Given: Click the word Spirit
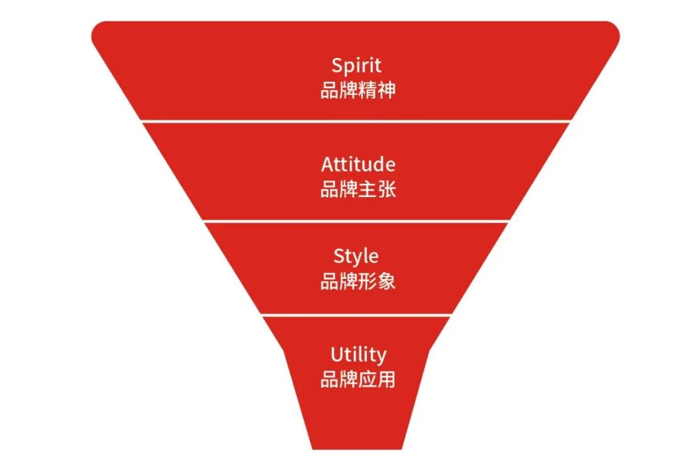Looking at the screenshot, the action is (356, 65).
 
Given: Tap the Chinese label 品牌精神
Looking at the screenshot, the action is (358, 90).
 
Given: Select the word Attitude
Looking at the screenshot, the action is (358, 164).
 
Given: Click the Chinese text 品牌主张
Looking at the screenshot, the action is (358, 189).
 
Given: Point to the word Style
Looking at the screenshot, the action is (356, 257).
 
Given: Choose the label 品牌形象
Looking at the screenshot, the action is (358, 281).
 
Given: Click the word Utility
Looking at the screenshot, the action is (358, 355).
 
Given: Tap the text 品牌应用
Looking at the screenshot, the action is (358, 380).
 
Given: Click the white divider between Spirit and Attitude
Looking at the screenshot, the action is (356, 121).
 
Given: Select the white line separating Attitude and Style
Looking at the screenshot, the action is (356, 221).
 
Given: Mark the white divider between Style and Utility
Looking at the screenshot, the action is (356, 315).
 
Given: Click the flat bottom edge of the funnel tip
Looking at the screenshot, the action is (356, 449).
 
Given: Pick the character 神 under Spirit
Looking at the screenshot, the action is (387, 90).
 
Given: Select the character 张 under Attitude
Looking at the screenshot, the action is (387, 189).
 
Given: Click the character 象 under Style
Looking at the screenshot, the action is (387, 281).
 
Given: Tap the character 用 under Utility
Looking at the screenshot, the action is (387, 380).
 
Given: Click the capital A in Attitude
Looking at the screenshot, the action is (327, 164).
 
